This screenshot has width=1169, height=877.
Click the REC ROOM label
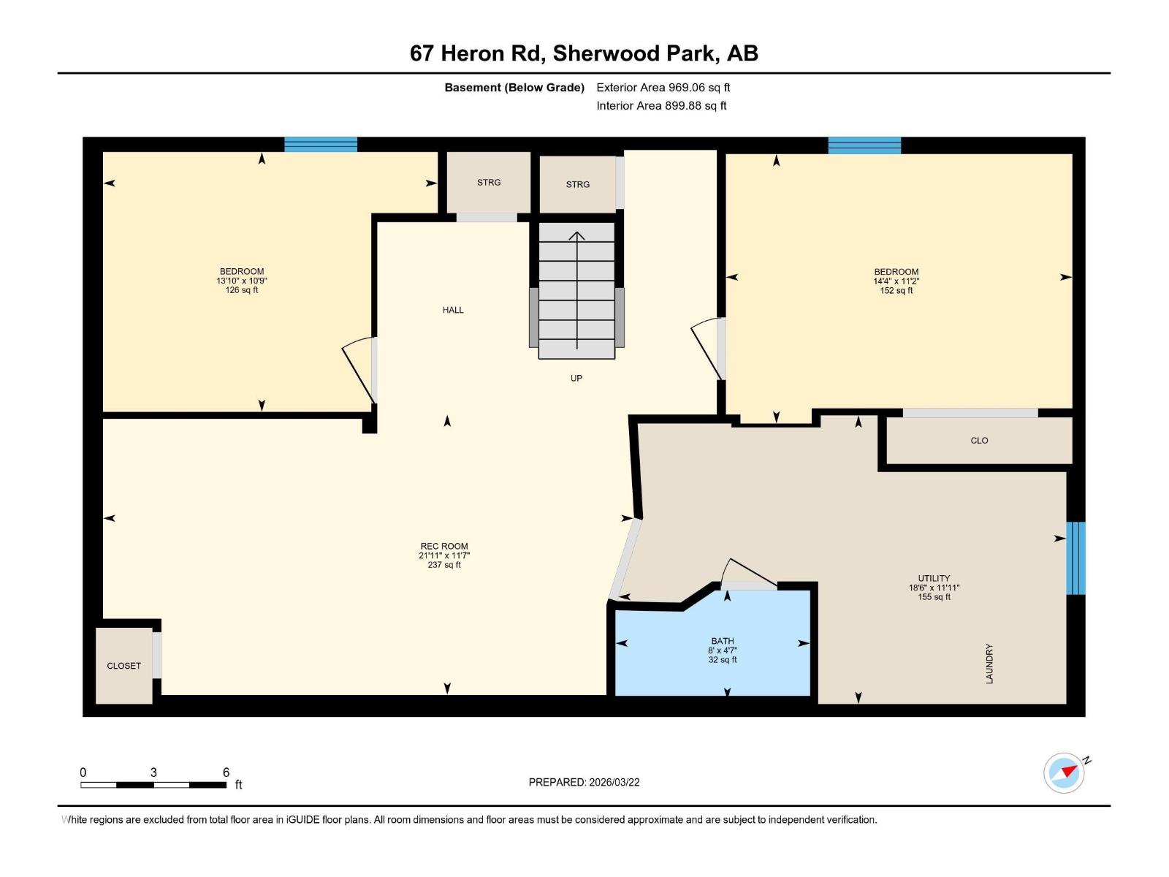(x=443, y=546)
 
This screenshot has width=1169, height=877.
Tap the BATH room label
(x=722, y=641)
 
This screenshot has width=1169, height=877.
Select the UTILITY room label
(x=934, y=578)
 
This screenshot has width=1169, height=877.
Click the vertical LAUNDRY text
(x=989, y=664)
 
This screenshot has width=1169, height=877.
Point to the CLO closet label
(x=979, y=441)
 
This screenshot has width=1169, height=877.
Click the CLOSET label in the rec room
(x=123, y=666)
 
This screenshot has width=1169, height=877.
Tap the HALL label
(x=453, y=310)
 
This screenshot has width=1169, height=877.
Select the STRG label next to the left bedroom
(x=489, y=183)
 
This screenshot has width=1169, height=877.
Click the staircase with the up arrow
(x=576, y=290)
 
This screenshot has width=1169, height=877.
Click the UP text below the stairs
(x=576, y=378)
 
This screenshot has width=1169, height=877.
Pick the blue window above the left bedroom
(x=320, y=144)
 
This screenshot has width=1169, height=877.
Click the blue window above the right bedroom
(x=864, y=145)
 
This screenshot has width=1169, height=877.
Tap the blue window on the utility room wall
(x=1075, y=558)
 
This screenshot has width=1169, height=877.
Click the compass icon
(x=1064, y=772)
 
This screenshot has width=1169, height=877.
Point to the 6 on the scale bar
(x=226, y=772)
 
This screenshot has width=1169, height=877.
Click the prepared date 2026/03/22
(x=614, y=782)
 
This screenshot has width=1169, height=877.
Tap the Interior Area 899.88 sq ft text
(x=661, y=106)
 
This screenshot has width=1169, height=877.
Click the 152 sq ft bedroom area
(x=896, y=290)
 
